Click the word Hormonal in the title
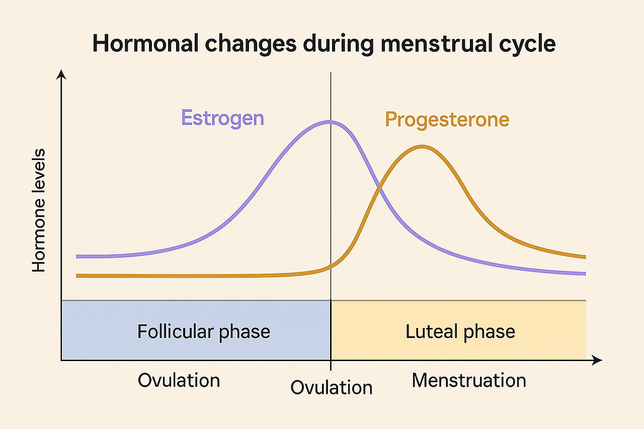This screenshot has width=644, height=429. click(x=145, y=43)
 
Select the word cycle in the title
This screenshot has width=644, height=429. click(x=527, y=45)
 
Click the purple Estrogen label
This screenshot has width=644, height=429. click(x=222, y=118)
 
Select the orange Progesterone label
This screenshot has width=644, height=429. click(x=447, y=120)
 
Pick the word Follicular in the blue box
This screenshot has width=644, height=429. click(x=176, y=331)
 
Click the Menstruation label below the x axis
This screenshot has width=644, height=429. click(x=469, y=380)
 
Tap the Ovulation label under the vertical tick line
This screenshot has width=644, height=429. click(x=332, y=387)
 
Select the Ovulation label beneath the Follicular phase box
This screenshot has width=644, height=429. click(x=179, y=380)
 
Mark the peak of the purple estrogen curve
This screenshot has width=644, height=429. click(x=330, y=122)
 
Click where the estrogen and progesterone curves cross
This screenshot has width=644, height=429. click(x=380, y=189)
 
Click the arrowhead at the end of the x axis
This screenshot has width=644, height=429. click(x=597, y=360)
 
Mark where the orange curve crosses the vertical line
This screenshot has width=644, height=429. click(x=331, y=267)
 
